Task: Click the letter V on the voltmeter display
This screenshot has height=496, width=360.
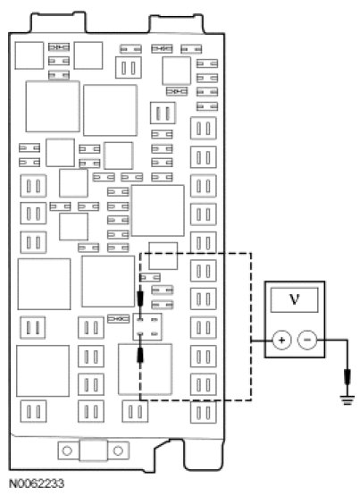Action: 294,298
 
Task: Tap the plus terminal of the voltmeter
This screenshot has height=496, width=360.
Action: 281,340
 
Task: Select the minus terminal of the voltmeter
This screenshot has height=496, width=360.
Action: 307,340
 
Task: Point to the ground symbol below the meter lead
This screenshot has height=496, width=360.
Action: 347,399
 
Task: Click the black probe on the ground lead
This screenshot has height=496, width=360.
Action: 347,376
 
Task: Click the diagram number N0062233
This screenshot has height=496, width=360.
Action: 37,483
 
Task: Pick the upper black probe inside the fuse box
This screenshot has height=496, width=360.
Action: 140,298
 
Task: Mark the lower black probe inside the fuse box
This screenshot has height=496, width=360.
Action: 140,355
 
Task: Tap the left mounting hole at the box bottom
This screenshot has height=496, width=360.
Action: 67,450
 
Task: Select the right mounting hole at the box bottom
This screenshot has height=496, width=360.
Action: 118,450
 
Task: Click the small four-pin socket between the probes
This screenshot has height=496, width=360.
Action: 147,327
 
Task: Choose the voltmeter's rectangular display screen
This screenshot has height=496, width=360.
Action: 294,300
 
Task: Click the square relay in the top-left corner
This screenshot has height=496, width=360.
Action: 29,55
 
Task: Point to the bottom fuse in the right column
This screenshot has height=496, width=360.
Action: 204,412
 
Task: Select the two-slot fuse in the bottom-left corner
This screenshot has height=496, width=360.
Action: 34,411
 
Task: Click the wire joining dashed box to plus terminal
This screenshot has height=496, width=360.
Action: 262,340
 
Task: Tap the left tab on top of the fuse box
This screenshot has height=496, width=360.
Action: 58,22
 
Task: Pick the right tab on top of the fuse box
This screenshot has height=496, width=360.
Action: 176,24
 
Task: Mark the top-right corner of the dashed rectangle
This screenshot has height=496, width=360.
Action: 251,253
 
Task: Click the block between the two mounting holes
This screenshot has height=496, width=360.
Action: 93,450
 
